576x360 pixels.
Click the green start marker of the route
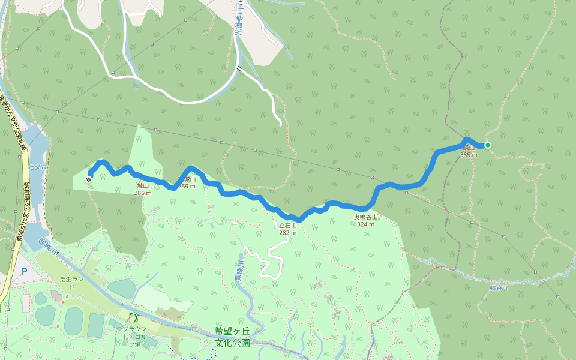[x=488, y=145]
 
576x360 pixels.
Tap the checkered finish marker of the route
[x=89, y=179]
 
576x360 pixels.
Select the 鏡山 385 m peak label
[x=469, y=151]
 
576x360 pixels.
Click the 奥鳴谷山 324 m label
[x=365, y=220]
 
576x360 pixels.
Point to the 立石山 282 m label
[x=288, y=229]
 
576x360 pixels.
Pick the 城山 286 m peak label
[x=143, y=190]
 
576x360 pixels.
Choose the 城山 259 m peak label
[x=187, y=182]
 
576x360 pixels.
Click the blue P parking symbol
[x=24, y=272]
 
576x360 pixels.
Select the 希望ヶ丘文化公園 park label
[x=232, y=337]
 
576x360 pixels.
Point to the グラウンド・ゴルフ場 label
[x=131, y=337]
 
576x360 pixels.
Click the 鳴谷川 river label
[x=499, y=288]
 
